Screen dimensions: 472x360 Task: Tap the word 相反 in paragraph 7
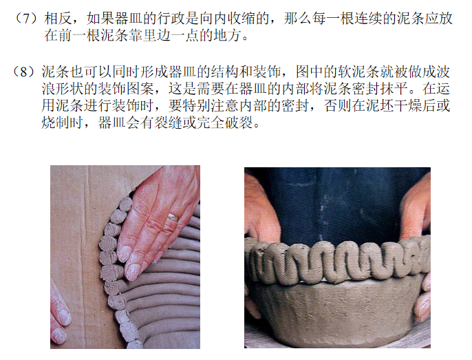click(58, 19)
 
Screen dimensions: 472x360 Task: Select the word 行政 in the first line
click(171, 19)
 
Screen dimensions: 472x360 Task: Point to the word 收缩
click(242, 19)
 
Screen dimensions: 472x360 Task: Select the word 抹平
click(394, 89)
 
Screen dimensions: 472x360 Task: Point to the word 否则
click(338, 106)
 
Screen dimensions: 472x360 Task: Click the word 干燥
click(409, 106)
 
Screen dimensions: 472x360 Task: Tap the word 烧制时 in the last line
click(63, 123)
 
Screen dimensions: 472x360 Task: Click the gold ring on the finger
click(173, 218)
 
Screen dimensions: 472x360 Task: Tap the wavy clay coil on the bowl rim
click(337, 261)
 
